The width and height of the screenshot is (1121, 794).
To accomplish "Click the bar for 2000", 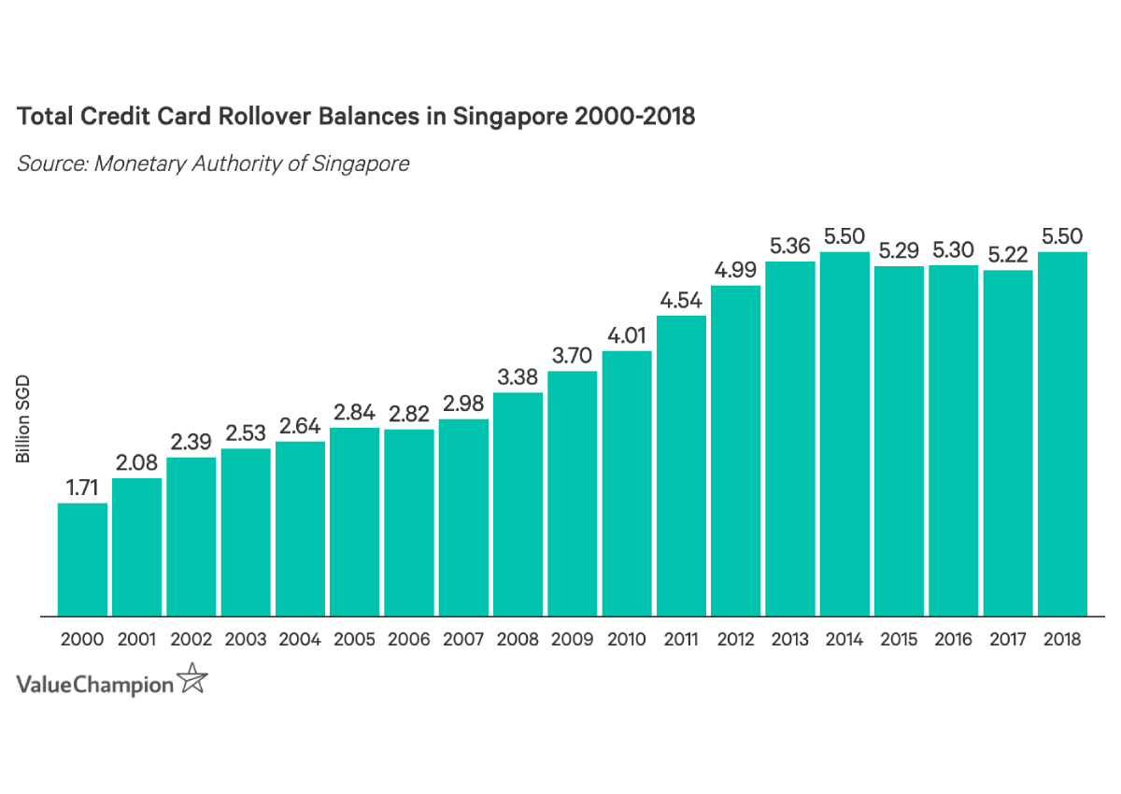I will (82, 560).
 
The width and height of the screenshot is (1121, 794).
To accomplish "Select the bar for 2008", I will (518, 504).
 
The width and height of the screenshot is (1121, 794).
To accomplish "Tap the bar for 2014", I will (844, 434).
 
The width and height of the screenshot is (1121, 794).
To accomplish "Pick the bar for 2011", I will (681, 466).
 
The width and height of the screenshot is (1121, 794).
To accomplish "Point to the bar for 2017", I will (1008, 444).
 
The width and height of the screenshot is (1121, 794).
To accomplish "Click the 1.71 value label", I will (82, 488).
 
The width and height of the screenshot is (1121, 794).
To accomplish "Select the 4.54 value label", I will (681, 301).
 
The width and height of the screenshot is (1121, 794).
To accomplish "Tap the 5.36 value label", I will (790, 247).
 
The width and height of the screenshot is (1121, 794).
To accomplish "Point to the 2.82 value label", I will (409, 414).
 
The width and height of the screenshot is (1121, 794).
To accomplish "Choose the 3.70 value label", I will (572, 356).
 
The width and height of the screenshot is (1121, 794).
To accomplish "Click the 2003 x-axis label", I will (246, 640).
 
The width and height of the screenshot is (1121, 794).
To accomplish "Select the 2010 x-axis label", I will (627, 640).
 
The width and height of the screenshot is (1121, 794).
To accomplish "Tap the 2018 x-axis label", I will (1062, 640).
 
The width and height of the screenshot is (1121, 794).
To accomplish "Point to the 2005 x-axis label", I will (354, 640).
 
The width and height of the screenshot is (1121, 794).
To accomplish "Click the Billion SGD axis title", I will (24, 419).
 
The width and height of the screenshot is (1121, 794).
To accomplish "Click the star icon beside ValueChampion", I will (192, 679).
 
